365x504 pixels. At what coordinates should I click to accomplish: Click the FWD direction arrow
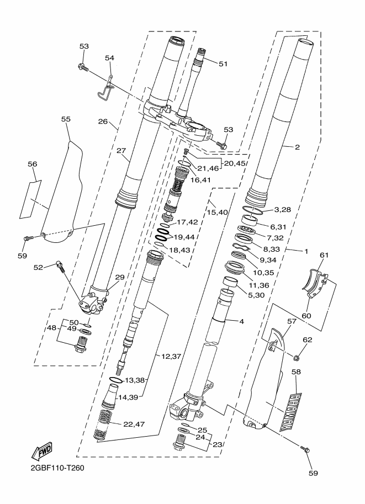[x=41, y=450]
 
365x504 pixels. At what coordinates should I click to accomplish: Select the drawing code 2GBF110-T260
[x=57, y=468]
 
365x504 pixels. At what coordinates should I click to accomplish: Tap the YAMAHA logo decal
[x=292, y=412]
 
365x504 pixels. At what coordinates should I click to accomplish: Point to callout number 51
[x=223, y=64]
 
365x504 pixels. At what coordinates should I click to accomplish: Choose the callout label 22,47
[x=134, y=425]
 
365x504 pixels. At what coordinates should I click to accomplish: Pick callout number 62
[x=308, y=339]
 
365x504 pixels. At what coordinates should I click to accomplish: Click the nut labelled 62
[x=296, y=357]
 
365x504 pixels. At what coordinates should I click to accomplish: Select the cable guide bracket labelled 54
[x=107, y=87]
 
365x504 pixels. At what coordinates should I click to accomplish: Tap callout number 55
[x=66, y=119]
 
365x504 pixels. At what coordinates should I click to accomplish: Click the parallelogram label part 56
[x=30, y=200]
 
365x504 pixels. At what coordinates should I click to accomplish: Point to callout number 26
[x=103, y=121]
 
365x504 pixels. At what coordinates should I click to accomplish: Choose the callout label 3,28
[x=283, y=210]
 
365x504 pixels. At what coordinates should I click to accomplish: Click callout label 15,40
[x=218, y=212]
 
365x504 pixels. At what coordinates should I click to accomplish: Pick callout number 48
[x=51, y=328]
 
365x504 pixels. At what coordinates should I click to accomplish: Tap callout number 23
[x=218, y=445]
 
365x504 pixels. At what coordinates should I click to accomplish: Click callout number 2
[x=297, y=147]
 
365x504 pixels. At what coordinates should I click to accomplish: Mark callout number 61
[x=324, y=255]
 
